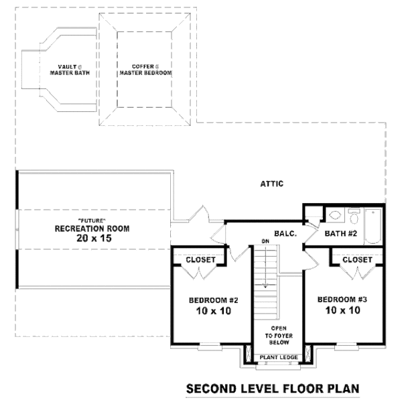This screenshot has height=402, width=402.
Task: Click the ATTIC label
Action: pos(272,184)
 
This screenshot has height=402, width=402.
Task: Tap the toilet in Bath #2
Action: pos(354,216)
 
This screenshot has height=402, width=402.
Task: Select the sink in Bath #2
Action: pos(334,215)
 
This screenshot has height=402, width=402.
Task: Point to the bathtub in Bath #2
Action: pos(373,226)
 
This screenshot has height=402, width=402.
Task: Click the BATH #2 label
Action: pos(341,234)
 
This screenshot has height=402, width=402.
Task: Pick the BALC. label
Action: pos(285,234)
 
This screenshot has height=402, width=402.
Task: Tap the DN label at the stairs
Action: pos(265,241)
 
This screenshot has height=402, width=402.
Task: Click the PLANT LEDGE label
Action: pos(279,357)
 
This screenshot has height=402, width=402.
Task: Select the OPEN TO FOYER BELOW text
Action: pos(279,336)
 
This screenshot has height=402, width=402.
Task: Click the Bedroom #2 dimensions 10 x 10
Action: pos(214,311)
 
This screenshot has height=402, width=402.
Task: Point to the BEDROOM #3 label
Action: pos(342,299)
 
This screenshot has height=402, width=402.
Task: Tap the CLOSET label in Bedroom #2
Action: pos(200,260)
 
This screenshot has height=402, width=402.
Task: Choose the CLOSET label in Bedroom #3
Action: pos(357,260)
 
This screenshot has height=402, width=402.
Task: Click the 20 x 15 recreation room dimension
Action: pos(94,238)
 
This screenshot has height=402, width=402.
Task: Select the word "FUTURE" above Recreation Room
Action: pos(92,220)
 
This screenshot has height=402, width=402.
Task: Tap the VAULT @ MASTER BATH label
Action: pos(70,70)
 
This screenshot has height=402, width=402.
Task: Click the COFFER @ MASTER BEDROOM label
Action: pos(145,70)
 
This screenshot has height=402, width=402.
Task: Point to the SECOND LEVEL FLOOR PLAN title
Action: pos(273,389)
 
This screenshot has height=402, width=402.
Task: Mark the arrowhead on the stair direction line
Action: pos(265,285)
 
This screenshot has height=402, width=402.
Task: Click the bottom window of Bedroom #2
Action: pos(210,346)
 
